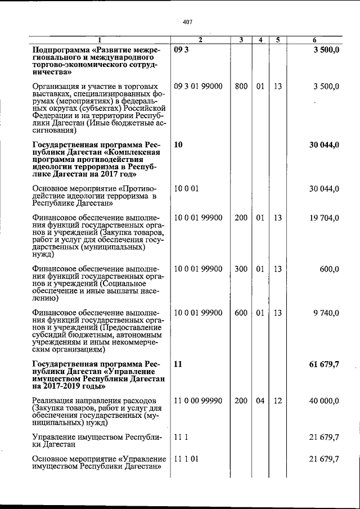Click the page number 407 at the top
pos(188,22)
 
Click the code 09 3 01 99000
pos(199,86)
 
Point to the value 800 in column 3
pos(241,86)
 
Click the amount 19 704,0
pos(322,218)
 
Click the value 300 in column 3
pos(241,269)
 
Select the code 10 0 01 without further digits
pos(187,188)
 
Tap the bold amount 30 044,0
pos(323,145)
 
